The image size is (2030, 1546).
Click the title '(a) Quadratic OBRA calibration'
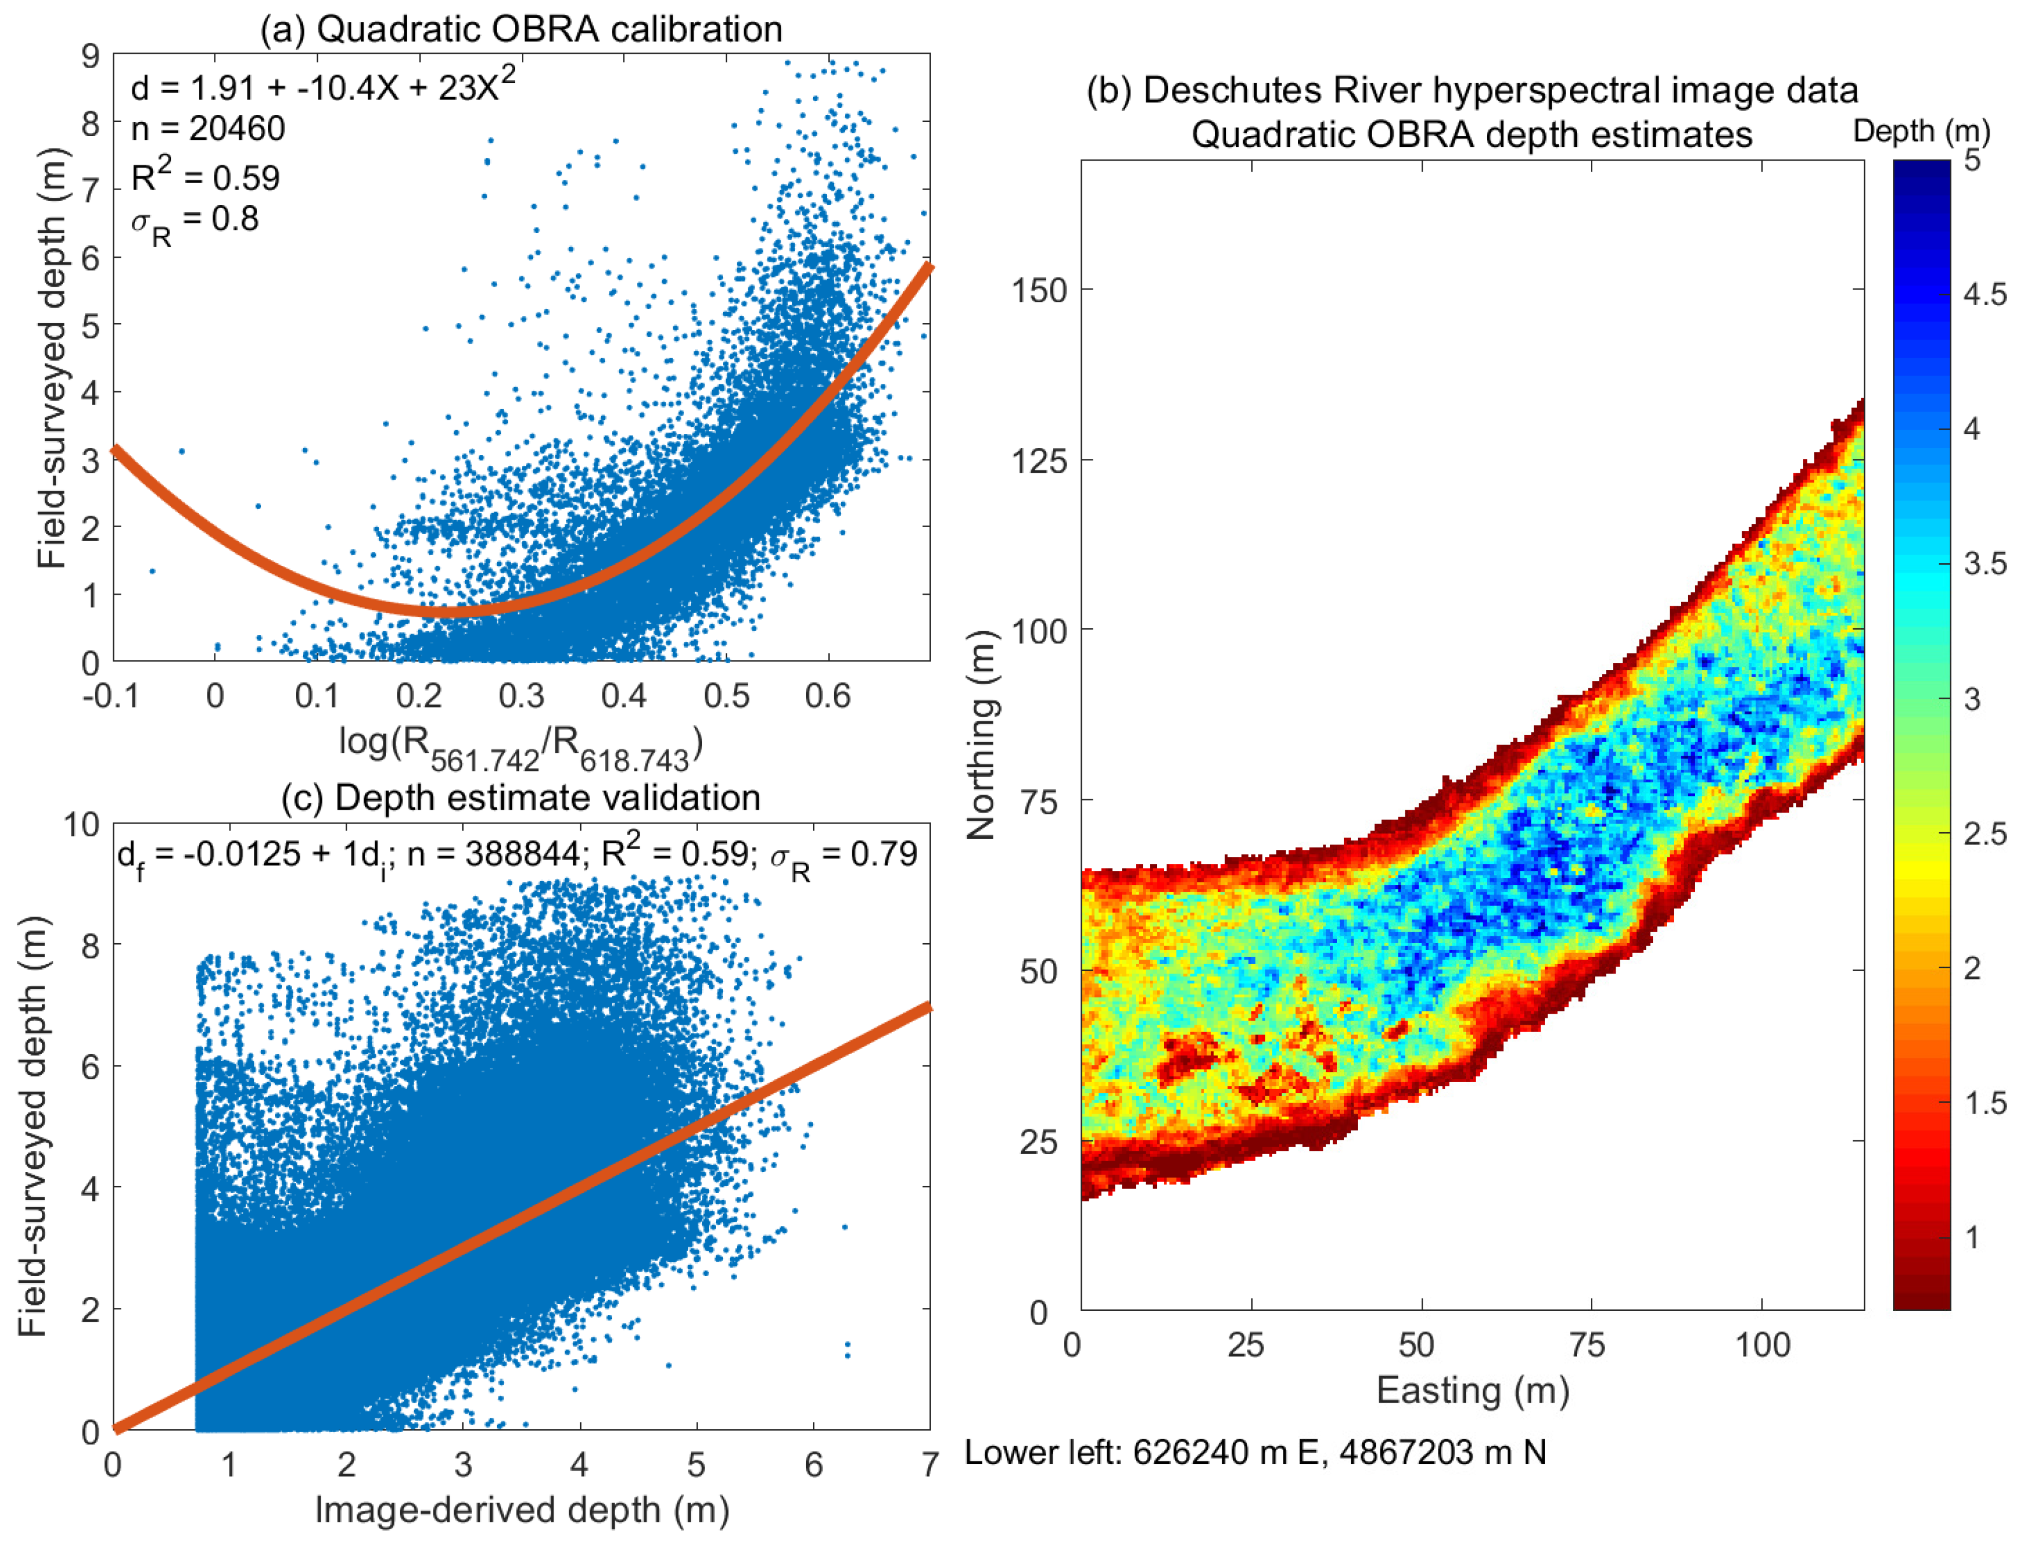[521, 29]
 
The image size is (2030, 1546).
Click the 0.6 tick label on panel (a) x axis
[827, 696]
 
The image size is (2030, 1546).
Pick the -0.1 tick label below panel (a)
[112, 696]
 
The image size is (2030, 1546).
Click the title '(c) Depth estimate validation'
[521, 798]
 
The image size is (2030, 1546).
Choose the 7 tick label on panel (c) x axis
[929, 1464]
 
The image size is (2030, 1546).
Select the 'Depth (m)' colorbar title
[1921, 132]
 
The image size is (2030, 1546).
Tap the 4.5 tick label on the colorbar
[1985, 295]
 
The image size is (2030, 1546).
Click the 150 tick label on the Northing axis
[1039, 291]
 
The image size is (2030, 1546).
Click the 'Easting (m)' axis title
[1472, 1391]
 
